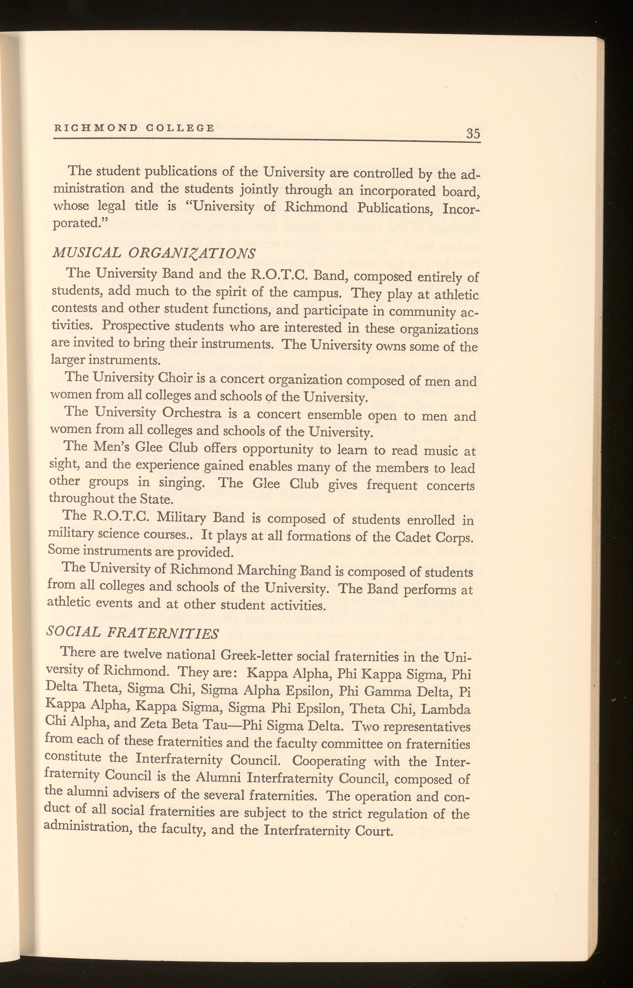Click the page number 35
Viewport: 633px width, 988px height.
coord(473,134)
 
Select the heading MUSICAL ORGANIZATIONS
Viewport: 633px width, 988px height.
coord(155,252)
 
